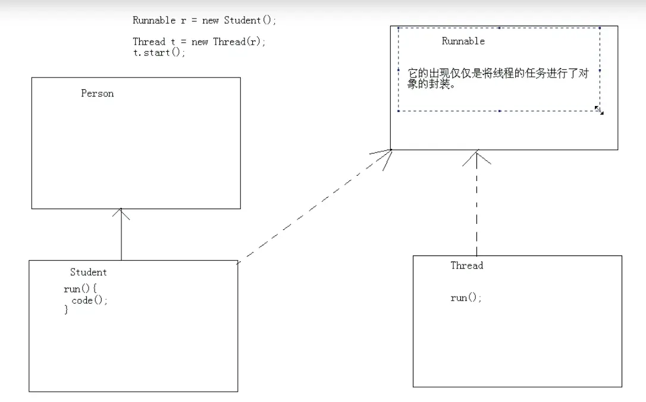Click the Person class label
point(98,94)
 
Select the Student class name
point(89,272)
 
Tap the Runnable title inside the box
point(463,41)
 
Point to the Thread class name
point(467,266)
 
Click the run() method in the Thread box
point(466,298)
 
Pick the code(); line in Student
point(90,301)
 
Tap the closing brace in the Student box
point(67,310)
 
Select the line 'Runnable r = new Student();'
point(205,20)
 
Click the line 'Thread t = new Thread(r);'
point(199,42)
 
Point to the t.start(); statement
point(159,52)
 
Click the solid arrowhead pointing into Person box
point(121,213)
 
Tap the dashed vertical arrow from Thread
point(476,208)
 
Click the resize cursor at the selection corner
point(599,110)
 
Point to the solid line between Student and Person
point(121,238)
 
